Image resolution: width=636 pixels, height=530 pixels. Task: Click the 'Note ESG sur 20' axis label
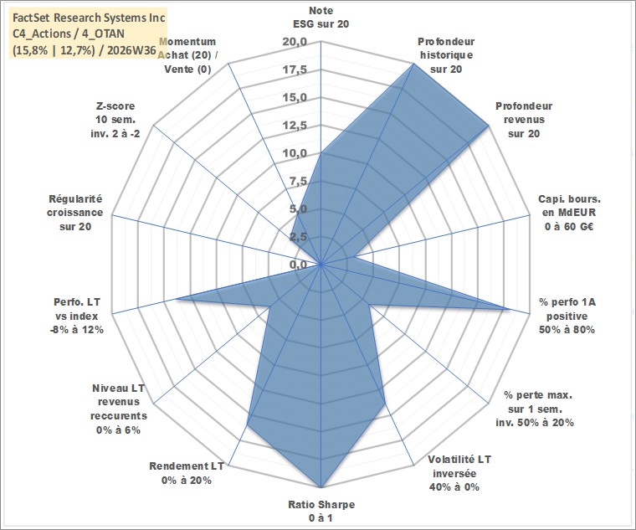click(x=321, y=17)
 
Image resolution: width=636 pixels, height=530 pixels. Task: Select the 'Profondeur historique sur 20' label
click(x=446, y=55)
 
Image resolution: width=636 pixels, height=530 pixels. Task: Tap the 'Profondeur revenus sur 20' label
click(x=524, y=120)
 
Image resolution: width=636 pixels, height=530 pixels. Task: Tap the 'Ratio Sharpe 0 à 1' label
click(x=321, y=511)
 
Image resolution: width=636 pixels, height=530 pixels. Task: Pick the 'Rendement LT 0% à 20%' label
click(x=187, y=473)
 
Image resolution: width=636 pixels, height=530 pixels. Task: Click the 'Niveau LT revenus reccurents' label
click(x=119, y=409)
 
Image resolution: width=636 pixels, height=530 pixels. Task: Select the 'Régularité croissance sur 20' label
click(x=75, y=213)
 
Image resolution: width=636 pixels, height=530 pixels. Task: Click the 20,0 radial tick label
click(x=295, y=42)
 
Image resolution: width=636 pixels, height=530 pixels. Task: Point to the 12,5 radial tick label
click(x=295, y=126)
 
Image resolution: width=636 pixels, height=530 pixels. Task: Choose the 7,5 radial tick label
click(x=298, y=181)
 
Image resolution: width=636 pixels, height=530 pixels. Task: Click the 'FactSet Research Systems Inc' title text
click(x=89, y=18)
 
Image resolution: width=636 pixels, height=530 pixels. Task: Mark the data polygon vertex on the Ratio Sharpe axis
click(x=321, y=487)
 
